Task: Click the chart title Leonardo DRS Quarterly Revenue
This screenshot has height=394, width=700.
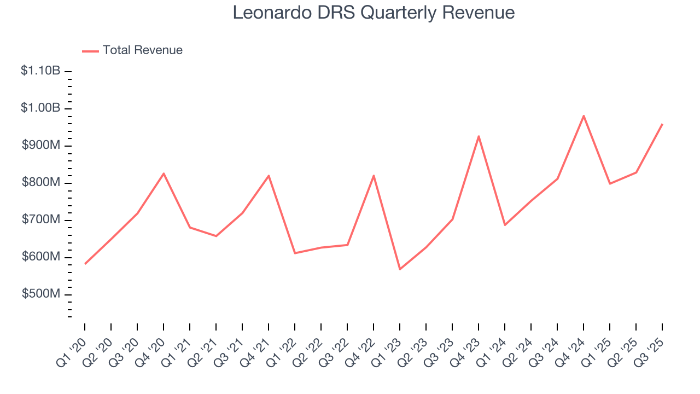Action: click(x=374, y=13)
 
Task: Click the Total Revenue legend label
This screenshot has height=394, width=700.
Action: click(x=142, y=50)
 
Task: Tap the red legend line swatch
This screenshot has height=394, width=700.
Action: click(x=90, y=51)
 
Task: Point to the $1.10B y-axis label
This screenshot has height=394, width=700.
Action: click(x=40, y=71)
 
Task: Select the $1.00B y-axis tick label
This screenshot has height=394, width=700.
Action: click(x=40, y=108)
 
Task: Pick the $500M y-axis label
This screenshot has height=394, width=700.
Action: click(x=41, y=294)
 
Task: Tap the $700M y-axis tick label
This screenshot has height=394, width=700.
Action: click(x=41, y=219)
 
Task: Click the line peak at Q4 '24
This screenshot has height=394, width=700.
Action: click(x=584, y=115)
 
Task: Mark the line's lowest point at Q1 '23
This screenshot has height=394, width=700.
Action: click(x=400, y=269)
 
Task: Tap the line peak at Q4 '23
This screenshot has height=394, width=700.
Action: click(x=479, y=136)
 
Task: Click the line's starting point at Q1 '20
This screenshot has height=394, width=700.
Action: click(x=85, y=264)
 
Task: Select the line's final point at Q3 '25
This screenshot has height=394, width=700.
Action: click(x=662, y=124)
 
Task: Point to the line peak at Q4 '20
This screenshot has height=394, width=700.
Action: click(x=164, y=173)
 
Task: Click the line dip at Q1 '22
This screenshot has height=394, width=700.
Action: click(x=295, y=253)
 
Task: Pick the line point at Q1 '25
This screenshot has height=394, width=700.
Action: click(x=610, y=183)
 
